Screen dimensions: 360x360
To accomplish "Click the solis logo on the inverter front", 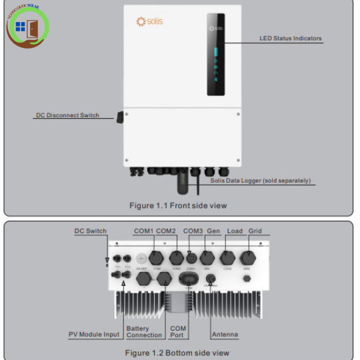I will (149, 21).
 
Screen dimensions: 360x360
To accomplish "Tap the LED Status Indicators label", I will (290, 39).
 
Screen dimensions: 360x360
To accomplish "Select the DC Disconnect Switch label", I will (67, 115).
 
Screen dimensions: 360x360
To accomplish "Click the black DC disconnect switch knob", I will (120, 117).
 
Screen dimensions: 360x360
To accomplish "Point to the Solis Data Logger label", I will (260, 181).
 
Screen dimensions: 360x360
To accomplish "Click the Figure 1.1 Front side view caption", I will (178, 205).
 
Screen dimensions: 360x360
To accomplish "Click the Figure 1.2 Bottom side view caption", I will (177, 353).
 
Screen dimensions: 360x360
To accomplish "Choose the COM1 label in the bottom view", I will (143, 231).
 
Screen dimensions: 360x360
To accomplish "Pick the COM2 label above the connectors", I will (166, 231).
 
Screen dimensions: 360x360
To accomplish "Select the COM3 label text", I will (193, 231).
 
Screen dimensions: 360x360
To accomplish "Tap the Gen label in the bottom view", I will (213, 231).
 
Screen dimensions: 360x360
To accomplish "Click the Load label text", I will (235, 231).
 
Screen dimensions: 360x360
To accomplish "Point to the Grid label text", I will (255, 231).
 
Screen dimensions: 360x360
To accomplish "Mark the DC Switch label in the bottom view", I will (90, 231).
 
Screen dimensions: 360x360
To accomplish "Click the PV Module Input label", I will (94, 334).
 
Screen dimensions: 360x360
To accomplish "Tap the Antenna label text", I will (225, 334).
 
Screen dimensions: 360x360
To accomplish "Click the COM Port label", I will (178, 331).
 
